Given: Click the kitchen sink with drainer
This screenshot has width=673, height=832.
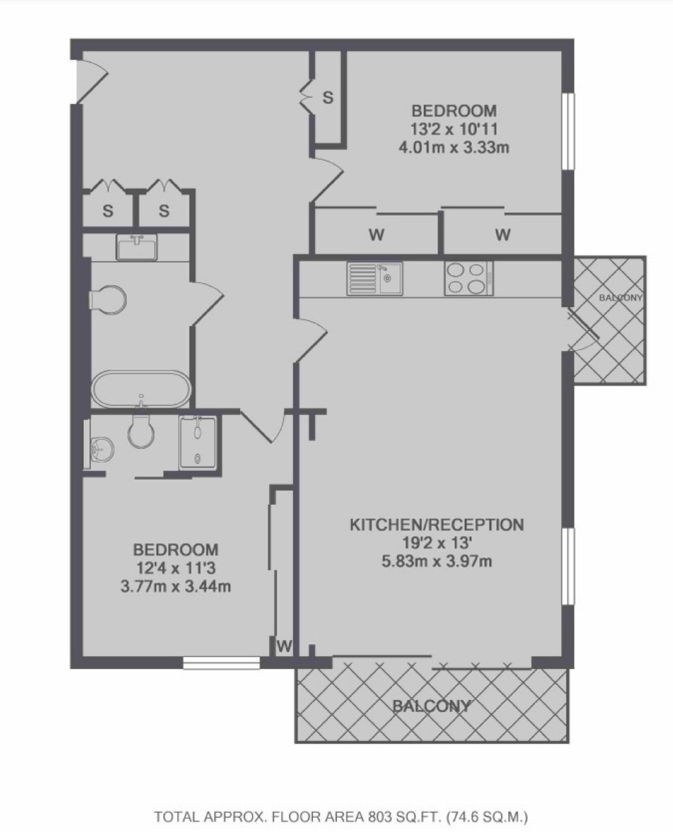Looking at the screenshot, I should click(x=375, y=278).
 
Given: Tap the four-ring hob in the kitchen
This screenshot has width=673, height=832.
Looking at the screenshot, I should click(x=468, y=278).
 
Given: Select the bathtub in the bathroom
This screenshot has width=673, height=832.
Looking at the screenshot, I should click(x=141, y=389).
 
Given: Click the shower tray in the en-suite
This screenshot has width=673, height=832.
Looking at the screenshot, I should click(x=198, y=442).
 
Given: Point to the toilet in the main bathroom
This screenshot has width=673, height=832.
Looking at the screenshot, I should click(x=107, y=297).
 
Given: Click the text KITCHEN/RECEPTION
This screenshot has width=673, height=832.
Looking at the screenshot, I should click(x=437, y=525).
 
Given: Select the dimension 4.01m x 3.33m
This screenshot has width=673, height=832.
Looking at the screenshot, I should click(x=454, y=147).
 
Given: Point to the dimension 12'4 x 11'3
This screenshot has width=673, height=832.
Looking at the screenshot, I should click(x=176, y=568).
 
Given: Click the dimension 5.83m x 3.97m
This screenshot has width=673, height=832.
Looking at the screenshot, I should click(x=437, y=561).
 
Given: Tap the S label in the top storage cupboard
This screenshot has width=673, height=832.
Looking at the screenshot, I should click(x=328, y=98).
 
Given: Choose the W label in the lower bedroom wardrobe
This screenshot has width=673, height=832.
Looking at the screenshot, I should click(x=284, y=646).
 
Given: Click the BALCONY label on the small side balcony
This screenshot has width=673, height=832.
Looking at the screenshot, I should click(x=621, y=297).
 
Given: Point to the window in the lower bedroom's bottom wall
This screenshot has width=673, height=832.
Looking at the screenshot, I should click(x=221, y=663).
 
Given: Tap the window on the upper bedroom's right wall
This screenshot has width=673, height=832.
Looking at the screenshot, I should click(x=569, y=131).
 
